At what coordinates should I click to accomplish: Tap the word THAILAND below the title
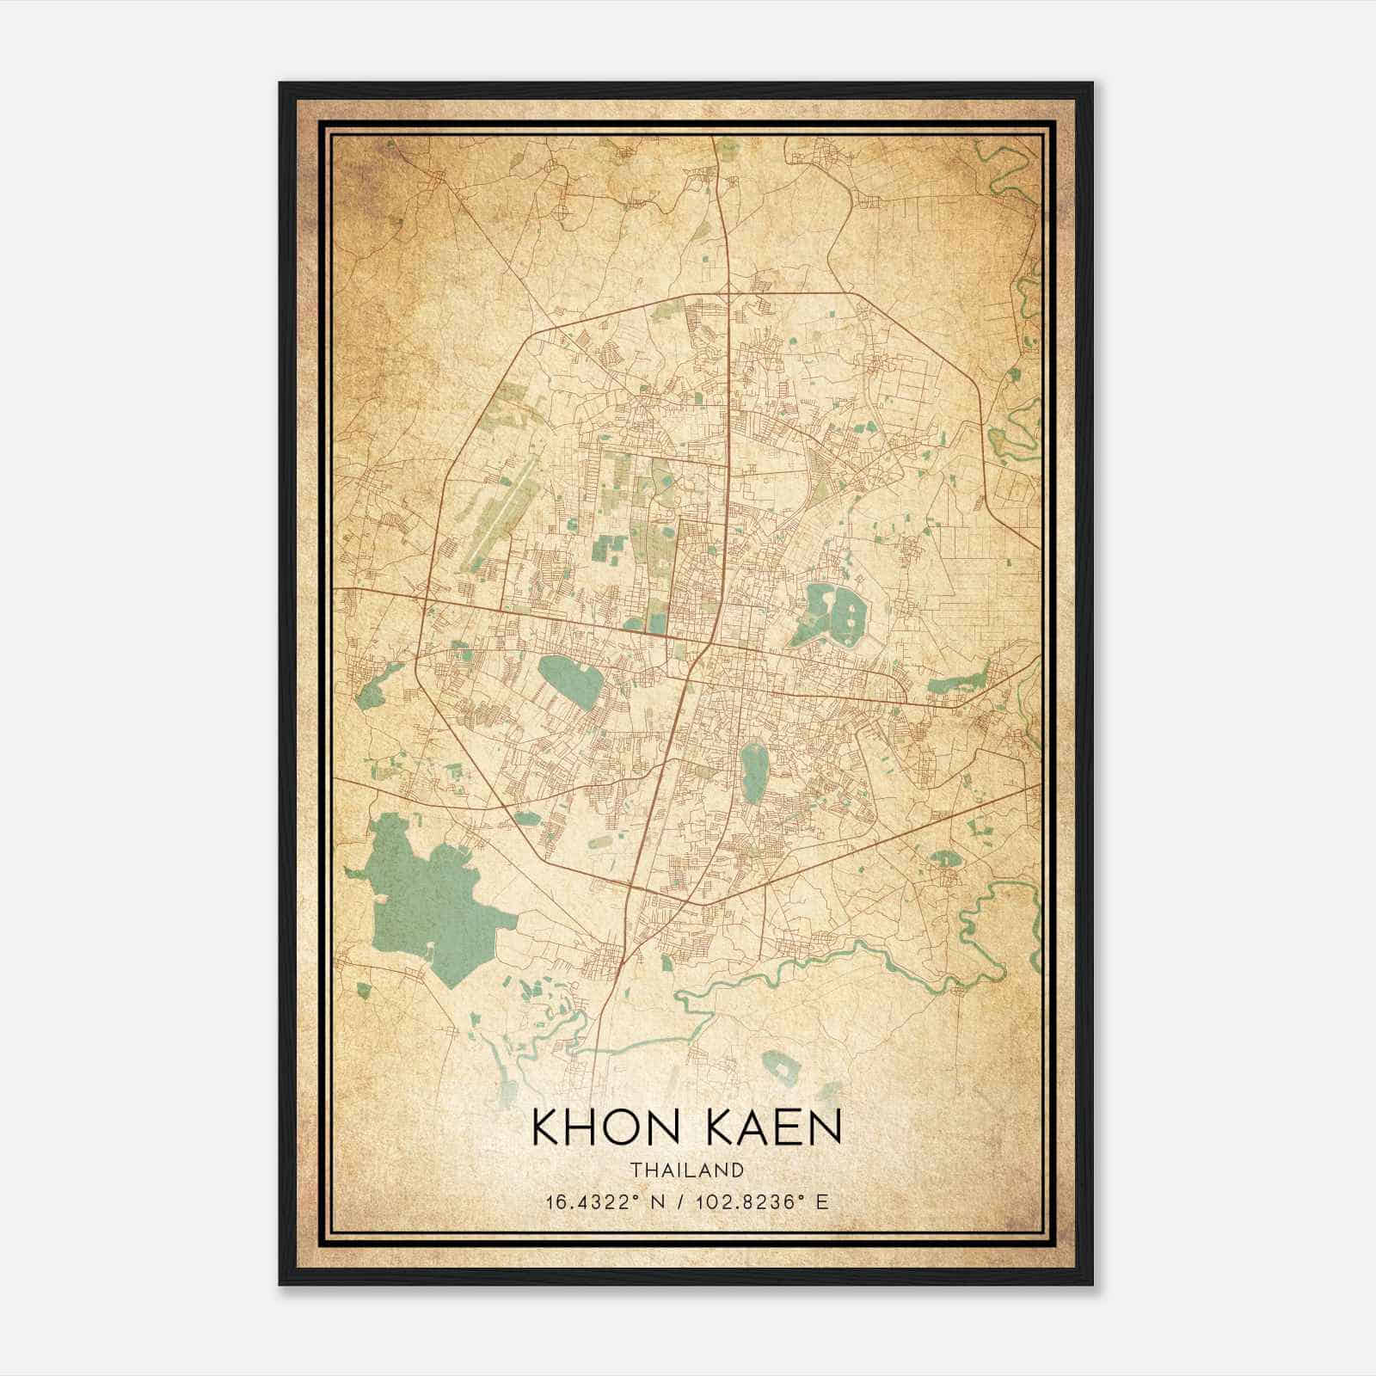click(686, 1170)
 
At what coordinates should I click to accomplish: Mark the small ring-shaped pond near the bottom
click(781, 1067)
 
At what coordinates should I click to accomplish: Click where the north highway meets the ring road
click(728, 295)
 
